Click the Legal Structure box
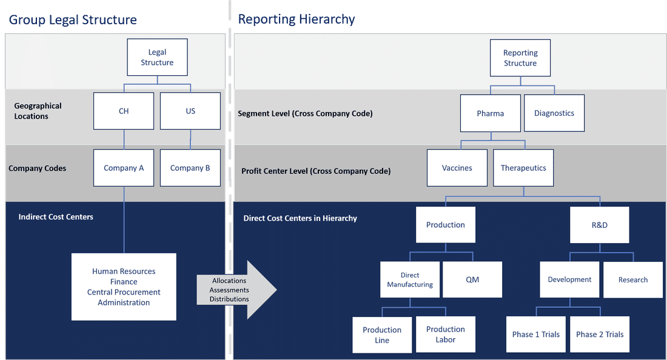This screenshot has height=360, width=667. [x=158, y=58]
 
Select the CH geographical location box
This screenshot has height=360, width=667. [x=124, y=111]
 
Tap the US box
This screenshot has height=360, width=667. [x=190, y=111]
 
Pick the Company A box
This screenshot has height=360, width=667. [x=124, y=168]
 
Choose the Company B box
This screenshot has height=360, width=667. [x=190, y=168]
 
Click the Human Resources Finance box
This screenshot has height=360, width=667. [x=124, y=287]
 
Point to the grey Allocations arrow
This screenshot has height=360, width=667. [x=236, y=290]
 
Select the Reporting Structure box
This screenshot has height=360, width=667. [x=520, y=58]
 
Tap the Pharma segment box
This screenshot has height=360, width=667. [x=491, y=113]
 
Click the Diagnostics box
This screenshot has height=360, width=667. [x=554, y=113]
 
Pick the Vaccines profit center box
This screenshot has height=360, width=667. [x=457, y=168]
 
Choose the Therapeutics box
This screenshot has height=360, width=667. [x=523, y=168]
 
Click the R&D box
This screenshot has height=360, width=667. [x=599, y=225]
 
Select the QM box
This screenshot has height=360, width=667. [x=472, y=279]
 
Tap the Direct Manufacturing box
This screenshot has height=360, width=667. [x=410, y=279]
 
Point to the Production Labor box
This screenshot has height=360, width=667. [x=446, y=335]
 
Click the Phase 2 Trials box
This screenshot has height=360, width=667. [x=600, y=335]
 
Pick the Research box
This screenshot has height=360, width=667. [x=633, y=279]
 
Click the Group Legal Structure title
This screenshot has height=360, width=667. [x=73, y=19]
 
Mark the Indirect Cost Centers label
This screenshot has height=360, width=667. [x=56, y=217]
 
